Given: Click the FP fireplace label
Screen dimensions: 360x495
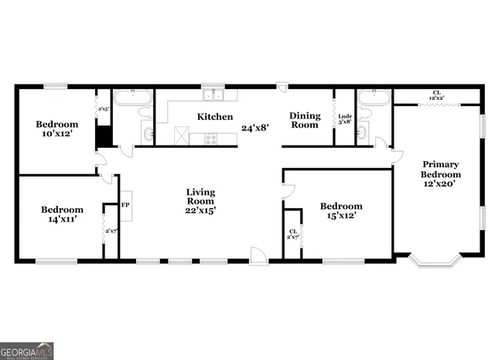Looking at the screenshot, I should [x=125, y=205].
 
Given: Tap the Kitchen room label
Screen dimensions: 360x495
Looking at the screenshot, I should [x=215, y=117].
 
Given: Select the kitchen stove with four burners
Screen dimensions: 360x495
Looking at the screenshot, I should [x=203, y=139].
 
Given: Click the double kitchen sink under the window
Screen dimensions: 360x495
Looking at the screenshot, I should [x=213, y=96].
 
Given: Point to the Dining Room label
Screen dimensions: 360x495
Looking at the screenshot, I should [x=305, y=120].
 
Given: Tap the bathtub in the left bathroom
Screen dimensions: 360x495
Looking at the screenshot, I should [x=133, y=98].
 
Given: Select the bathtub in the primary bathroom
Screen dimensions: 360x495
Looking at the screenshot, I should [x=374, y=98].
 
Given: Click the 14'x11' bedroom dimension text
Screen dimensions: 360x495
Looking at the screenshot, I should [x=62, y=220].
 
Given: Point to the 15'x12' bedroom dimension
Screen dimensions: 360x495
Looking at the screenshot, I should [x=341, y=216].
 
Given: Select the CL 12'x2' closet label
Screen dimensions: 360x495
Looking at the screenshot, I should [x=437, y=96].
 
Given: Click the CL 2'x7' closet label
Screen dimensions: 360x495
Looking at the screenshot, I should [x=293, y=234].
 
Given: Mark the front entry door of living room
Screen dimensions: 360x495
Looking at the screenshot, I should [x=258, y=256].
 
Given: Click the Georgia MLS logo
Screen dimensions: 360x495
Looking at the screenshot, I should [x=27, y=351].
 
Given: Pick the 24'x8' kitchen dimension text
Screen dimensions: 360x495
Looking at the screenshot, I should [x=254, y=128].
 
